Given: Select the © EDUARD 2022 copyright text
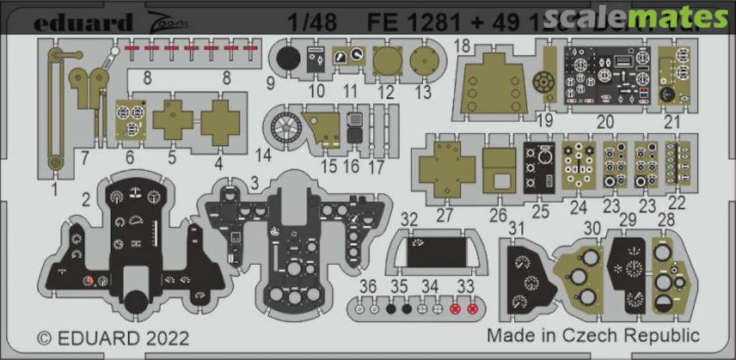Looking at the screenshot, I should (112, 337).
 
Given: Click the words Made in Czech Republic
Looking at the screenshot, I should (593, 335).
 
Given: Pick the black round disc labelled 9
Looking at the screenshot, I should (288, 60).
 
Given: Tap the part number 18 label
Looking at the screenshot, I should (462, 46).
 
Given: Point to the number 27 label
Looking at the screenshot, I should (444, 215).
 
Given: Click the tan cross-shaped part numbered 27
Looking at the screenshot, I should (446, 168).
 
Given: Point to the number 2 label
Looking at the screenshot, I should (87, 199).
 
